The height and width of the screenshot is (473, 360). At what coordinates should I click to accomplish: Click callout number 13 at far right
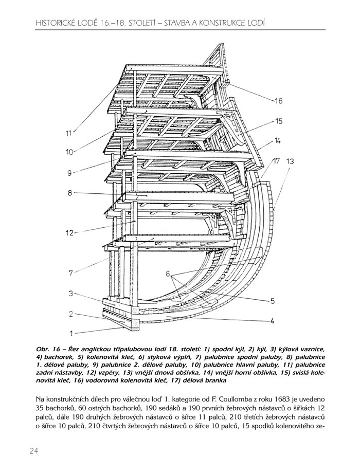(x=291, y=161)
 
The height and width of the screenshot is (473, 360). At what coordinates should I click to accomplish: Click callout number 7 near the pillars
(x=71, y=272)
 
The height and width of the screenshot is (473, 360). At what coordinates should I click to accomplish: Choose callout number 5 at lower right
(x=273, y=301)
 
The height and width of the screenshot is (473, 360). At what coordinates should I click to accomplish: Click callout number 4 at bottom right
(x=272, y=322)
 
